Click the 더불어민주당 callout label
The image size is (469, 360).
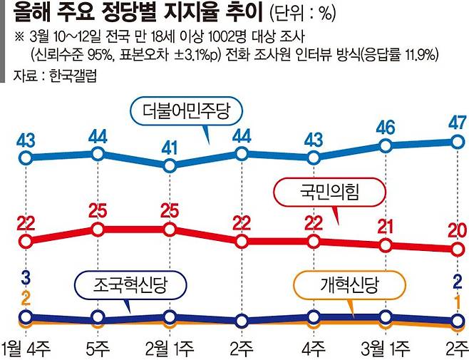click(x=187, y=111)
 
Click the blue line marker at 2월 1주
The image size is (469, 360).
click(x=170, y=165)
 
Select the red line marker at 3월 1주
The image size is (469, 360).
click(x=386, y=245)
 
